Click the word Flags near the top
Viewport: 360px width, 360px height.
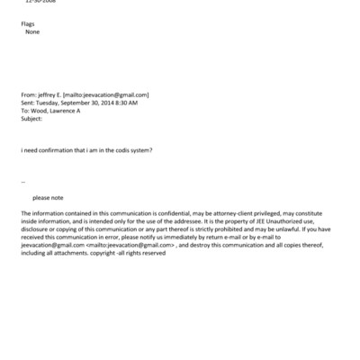click(28, 23)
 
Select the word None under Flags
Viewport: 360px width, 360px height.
click(32, 31)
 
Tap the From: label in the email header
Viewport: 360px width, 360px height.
click(29, 94)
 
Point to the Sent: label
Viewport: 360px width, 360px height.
click(28, 103)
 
